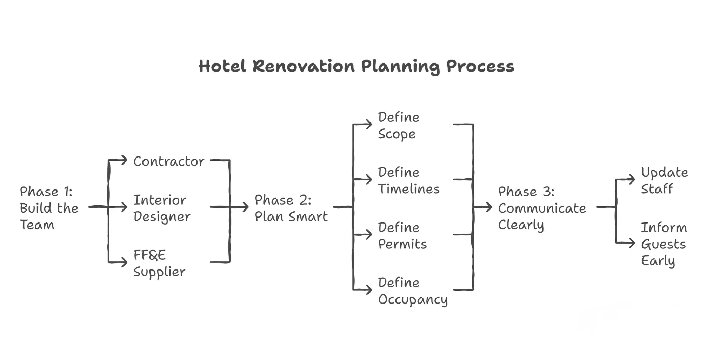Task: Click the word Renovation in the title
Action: (303, 66)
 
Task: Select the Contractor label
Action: (168, 161)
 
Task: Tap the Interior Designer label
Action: (161, 208)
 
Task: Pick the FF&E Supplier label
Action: (159, 263)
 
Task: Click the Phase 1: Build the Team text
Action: (49, 208)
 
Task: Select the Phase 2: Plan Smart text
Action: (291, 208)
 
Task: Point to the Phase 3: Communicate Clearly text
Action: (542, 208)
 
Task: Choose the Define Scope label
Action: (398, 125)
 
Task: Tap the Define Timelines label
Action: (408, 180)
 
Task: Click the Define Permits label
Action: (402, 235)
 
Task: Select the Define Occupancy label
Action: (413, 291)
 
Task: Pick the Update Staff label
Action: (664, 180)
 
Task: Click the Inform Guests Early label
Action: (664, 244)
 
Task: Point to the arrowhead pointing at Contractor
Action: (124, 160)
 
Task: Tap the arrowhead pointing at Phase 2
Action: (245, 207)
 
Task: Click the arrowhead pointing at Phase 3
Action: (489, 207)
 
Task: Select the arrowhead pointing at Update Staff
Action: (632, 179)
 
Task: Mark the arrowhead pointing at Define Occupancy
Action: (368, 290)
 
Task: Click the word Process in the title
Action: (480, 66)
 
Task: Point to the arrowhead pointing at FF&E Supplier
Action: (124, 262)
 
